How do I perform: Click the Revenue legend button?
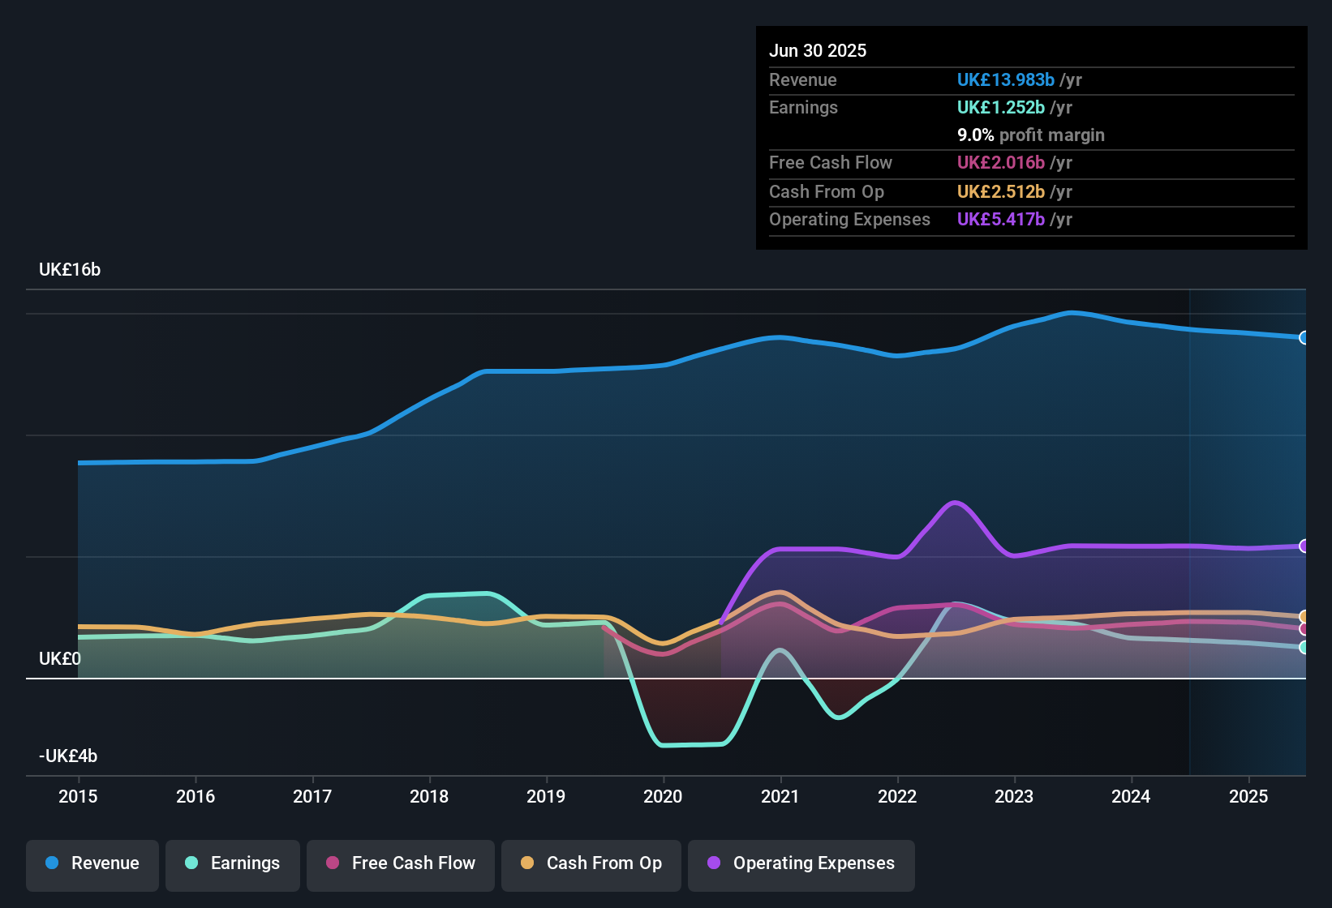[x=92, y=863]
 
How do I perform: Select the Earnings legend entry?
[x=233, y=863]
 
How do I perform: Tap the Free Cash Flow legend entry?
[x=401, y=863]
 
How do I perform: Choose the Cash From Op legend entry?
[x=591, y=863]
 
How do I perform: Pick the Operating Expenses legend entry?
[x=801, y=863]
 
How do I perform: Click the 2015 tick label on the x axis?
[x=78, y=796]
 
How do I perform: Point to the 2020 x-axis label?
[x=663, y=796]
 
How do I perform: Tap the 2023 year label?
[x=1014, y=796]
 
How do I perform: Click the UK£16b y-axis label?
[x=70, y=270]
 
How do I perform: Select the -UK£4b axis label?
[x=68, y=756]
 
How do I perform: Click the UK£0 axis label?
[x=60, y=659]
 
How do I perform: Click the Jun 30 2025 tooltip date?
[x=818, y=51]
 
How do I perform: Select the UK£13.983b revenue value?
[x=1005, y=80]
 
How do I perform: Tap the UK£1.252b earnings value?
[x=1000, y=108]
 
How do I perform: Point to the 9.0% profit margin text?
[x=1030, y=135]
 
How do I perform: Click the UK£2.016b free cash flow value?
[x=1000, y=163]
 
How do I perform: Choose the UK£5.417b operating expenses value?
[x=1000, y=220]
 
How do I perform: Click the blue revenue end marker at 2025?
[x=1304, y=338]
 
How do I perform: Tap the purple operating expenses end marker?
[x=1304, y=546]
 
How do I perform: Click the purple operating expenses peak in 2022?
[x=956, y=503]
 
